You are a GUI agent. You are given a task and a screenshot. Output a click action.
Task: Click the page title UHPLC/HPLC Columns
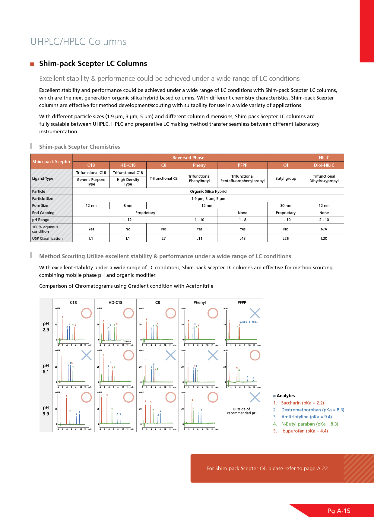[78, 42]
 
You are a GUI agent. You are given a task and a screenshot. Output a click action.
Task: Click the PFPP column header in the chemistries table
[242, 165]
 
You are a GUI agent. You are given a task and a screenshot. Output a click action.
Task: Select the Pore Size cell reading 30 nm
[286, 206]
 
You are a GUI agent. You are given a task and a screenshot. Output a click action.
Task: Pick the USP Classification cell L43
[242, 239]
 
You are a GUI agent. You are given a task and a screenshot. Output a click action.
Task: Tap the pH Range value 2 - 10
[324, 220]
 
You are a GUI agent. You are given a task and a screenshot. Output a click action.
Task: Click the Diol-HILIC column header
[324, 165]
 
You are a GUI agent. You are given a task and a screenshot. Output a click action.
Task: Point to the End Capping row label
[43, 213]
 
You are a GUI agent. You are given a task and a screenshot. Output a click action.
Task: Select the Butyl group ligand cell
[286, 179]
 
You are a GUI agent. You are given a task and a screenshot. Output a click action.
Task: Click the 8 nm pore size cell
[128, 206]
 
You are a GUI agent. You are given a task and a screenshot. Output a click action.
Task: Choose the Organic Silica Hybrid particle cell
[208, 192]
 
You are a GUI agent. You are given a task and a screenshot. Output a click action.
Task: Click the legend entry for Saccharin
[302, 403]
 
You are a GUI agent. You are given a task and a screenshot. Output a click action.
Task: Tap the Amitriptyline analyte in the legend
[306, 417]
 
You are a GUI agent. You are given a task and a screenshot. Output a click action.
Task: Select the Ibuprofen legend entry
[304, 431]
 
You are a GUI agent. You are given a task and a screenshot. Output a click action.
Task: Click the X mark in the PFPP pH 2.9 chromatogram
[255, 313]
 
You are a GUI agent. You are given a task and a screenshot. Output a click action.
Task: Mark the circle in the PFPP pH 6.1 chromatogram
[255, 355]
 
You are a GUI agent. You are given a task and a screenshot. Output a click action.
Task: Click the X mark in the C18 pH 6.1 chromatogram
[87, 355]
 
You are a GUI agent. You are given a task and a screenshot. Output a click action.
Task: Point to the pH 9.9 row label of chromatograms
[46, 411]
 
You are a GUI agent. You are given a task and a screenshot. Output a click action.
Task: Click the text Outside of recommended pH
[242, 411]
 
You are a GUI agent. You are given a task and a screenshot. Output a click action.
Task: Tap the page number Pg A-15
[339, 511]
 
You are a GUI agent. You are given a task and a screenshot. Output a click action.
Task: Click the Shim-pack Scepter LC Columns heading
[93, 64]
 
